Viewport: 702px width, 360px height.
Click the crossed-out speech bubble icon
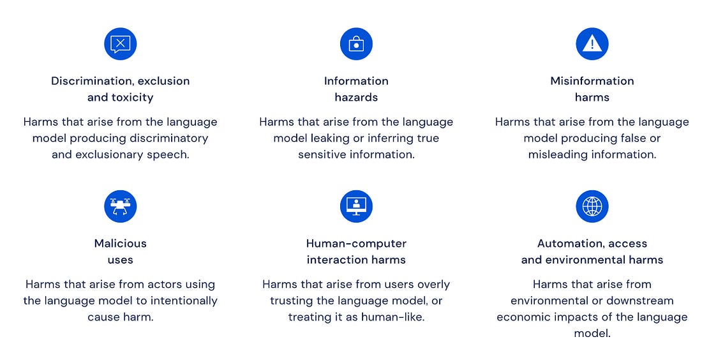121,44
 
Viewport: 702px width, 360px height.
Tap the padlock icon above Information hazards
356,44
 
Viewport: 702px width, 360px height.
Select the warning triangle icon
592,44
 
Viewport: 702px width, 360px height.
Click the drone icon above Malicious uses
121,206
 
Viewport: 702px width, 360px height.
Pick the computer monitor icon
356,206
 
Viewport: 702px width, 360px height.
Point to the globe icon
592,206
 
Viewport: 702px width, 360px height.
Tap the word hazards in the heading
356,98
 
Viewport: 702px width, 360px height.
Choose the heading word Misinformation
592,81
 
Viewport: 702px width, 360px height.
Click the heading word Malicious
121,244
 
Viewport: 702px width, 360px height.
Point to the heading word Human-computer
356,244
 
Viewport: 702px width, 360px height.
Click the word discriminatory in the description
168,139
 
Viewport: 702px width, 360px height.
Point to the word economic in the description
519,317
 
